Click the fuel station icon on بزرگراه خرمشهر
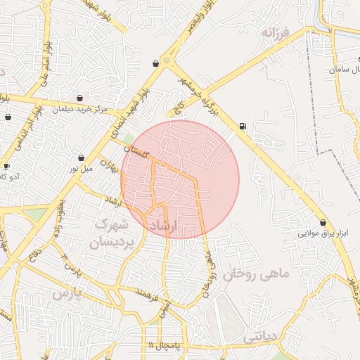[243, 127]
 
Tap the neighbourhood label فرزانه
[276, 32]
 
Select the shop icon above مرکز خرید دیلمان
[81, 98]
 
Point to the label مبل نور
[80, 169]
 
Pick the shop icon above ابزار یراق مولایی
[323, 222]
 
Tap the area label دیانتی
[261, 338]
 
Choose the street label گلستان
[138, 153]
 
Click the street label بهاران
[108, 167]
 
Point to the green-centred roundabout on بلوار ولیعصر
[167, 61]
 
